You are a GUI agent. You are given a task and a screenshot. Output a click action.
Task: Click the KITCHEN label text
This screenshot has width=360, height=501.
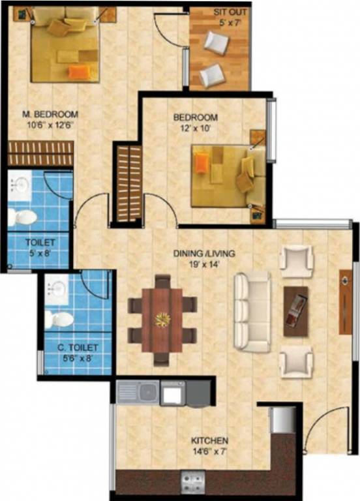tap(209, 440)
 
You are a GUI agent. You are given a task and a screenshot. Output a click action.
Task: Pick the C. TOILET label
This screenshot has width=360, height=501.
tap(77, 348)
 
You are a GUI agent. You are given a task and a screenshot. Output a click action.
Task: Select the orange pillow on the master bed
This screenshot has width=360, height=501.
tap(78, 71)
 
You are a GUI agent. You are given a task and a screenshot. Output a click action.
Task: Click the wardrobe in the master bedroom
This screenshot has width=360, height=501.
tap(40, 155)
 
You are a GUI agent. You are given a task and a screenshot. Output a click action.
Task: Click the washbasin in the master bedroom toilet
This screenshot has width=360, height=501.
tap(20, 187)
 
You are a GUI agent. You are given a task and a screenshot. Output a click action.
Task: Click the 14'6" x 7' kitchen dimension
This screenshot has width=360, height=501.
tap(210, 451)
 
